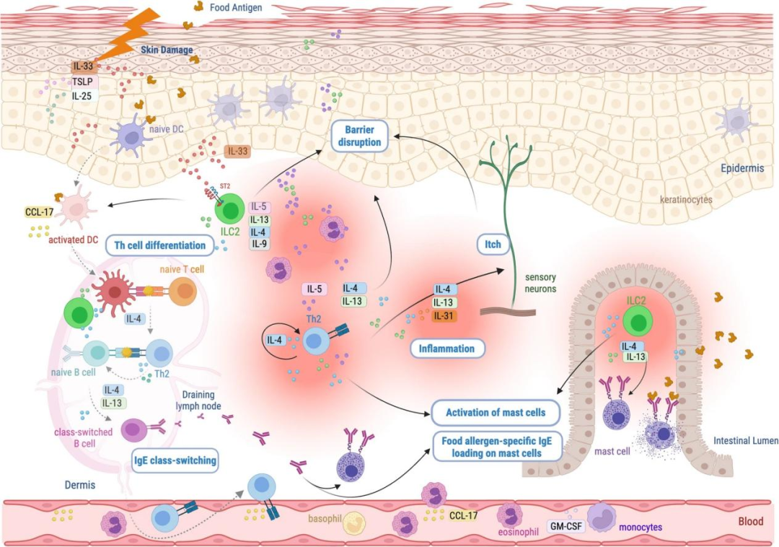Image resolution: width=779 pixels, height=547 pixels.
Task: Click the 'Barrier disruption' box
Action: coord(358,135)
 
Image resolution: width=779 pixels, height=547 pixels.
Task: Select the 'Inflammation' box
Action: coord(447,349)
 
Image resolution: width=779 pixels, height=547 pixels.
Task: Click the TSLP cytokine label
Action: coord(82,82)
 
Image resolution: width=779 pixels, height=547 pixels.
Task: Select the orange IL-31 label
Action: coord(444,316)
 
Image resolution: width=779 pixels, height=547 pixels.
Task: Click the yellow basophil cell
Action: coord(356,523)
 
